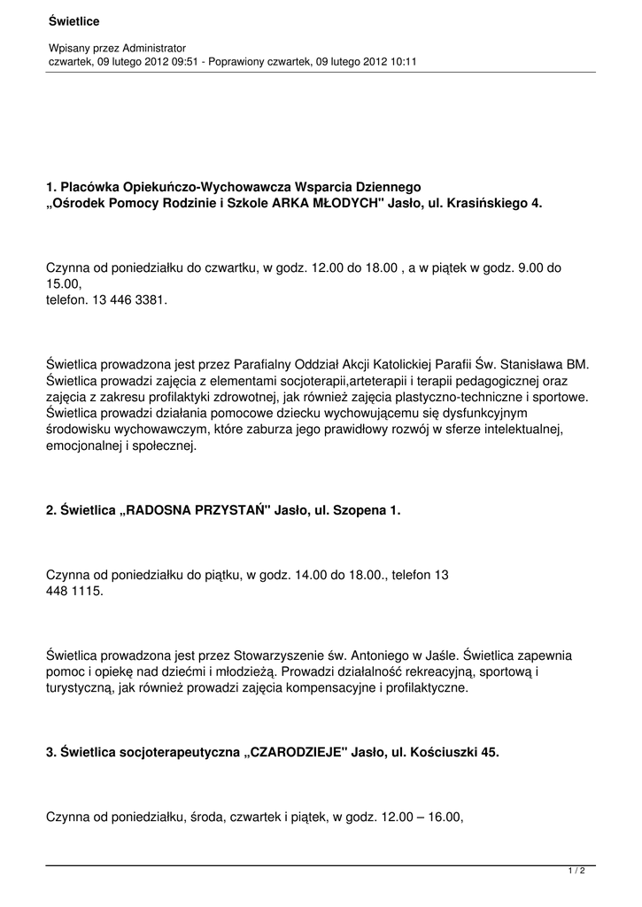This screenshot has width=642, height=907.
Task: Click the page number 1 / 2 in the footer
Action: coord(576,872)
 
